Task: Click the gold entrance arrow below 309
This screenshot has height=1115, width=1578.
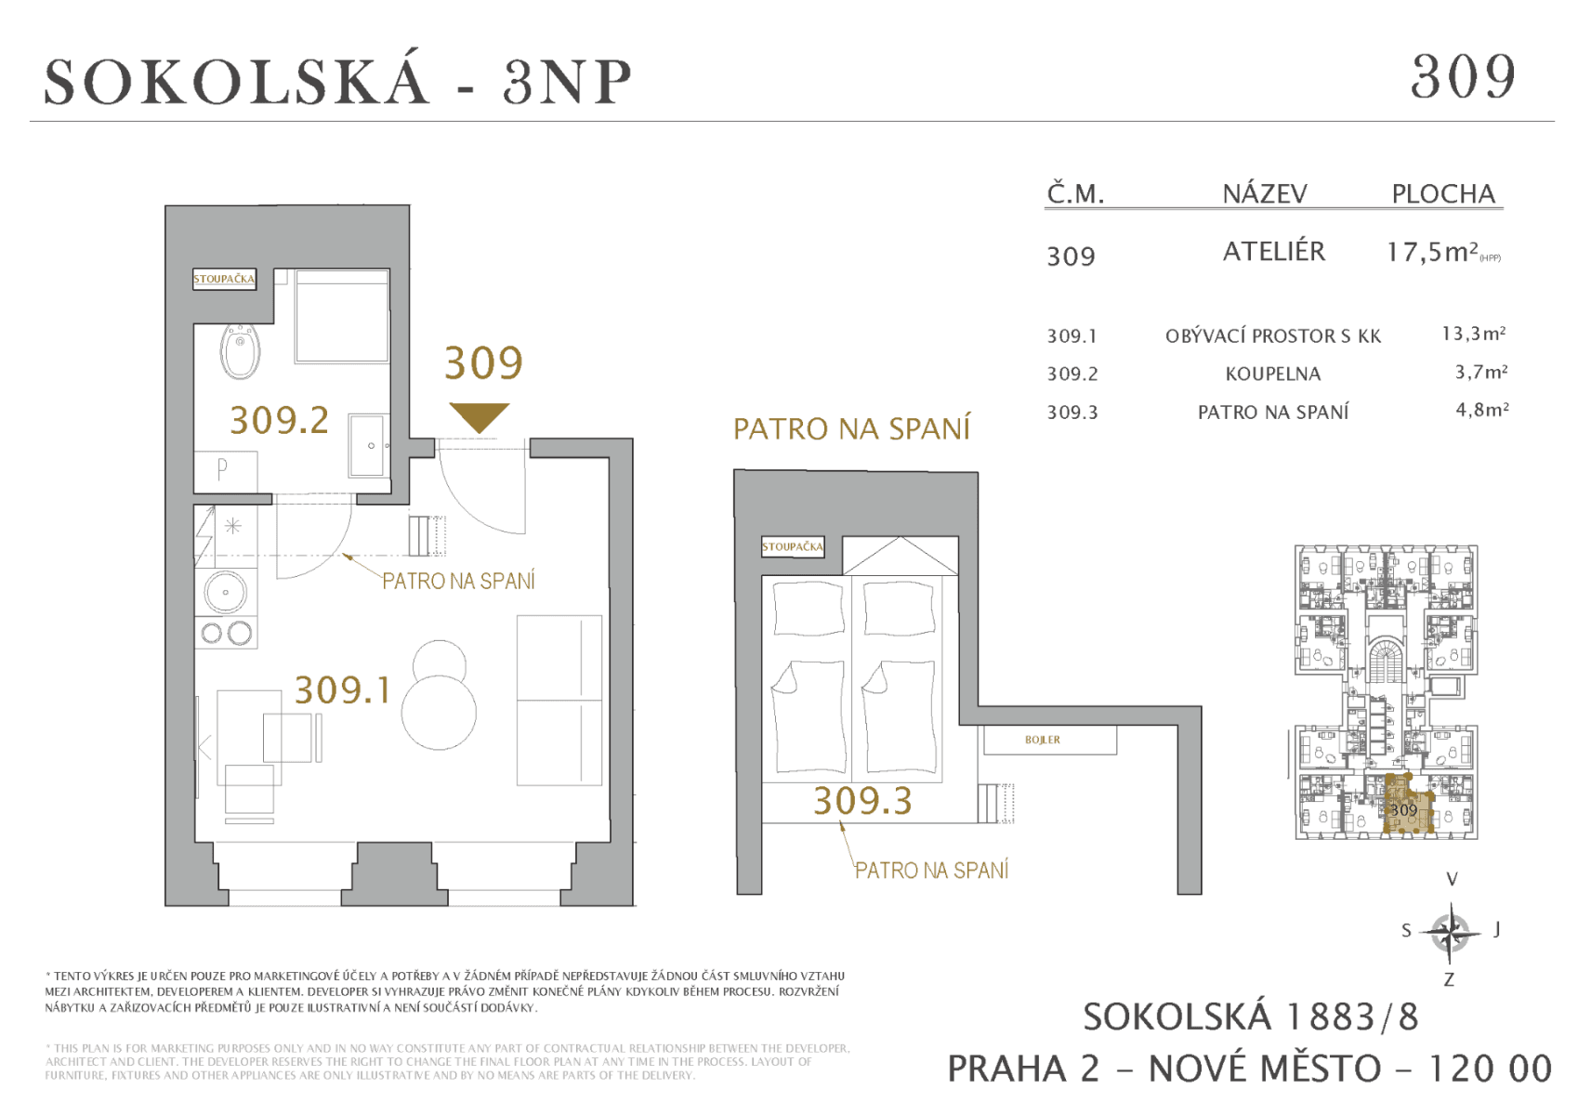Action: (x=479, y=416)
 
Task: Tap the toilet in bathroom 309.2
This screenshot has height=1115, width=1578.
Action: (x=241, y=352)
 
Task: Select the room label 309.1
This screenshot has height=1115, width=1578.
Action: (x=342, y=690)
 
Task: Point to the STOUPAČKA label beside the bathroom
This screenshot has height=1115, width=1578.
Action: (x=224, y=279)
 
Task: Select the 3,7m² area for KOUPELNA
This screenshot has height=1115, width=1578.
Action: (x=1480, y=373)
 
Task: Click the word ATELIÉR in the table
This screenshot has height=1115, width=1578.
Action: (x=1273, y=252)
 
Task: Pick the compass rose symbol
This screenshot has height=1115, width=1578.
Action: (x=1450, y=931)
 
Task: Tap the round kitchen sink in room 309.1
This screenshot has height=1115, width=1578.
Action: (x=226, y=591)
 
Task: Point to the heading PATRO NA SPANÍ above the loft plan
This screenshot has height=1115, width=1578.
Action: (x=851, y=428)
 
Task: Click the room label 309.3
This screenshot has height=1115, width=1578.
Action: (x=862, y=801)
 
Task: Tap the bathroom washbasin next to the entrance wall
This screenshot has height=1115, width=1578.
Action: (x=369, y=446)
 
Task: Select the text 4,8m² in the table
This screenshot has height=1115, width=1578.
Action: (x=1481, y=410)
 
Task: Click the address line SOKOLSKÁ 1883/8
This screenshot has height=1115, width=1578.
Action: (x=1250, y=1017)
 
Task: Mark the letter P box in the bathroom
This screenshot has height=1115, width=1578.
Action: (x=224, y=470)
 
